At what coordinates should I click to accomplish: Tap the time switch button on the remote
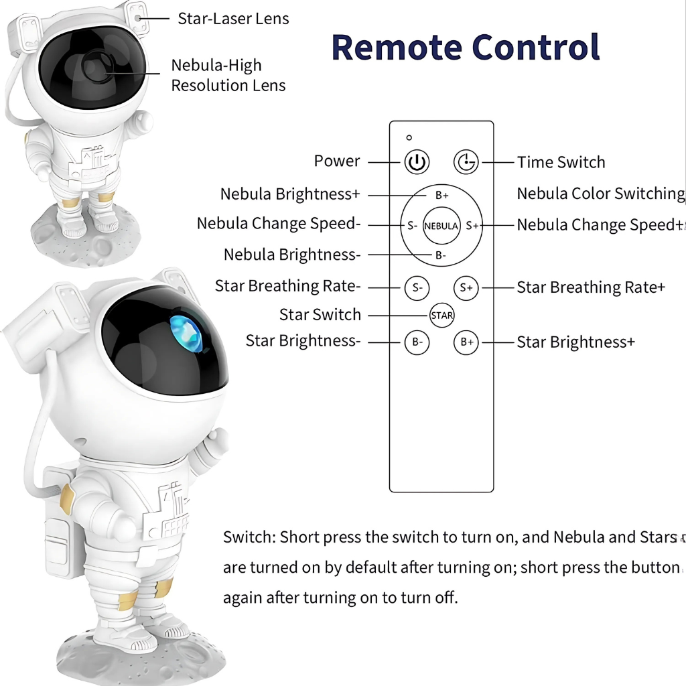pos(466,162)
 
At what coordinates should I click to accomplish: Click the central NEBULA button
pos(441,226)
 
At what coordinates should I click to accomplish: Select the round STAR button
pos(441,315)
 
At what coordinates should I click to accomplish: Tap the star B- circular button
pos(417,342)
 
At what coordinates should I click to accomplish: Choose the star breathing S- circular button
pos(417,288)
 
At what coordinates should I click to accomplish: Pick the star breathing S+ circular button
pos(466,288)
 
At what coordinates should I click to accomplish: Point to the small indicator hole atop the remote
pos(409,137)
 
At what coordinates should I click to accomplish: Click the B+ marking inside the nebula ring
pos(442,196)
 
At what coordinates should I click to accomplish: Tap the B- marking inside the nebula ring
pos(441,255)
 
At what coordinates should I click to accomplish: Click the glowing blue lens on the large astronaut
pos(186,334)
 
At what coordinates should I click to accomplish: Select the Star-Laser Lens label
pos(233,19)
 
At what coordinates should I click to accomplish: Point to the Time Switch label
pos(561,162)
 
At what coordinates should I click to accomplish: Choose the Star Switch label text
pos(320,315)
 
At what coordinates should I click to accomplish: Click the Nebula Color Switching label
pos(601,194)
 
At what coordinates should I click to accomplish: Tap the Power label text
pos(337,161)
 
